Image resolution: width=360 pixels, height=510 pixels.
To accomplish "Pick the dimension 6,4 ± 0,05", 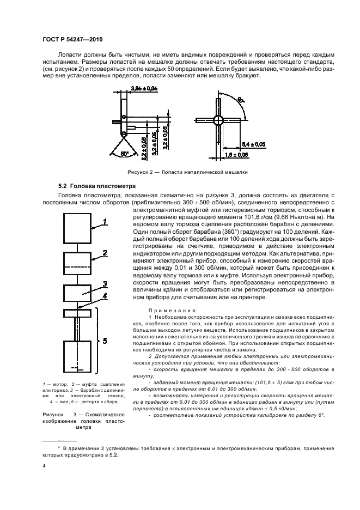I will pyautogui.click(x=253, y=144).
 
